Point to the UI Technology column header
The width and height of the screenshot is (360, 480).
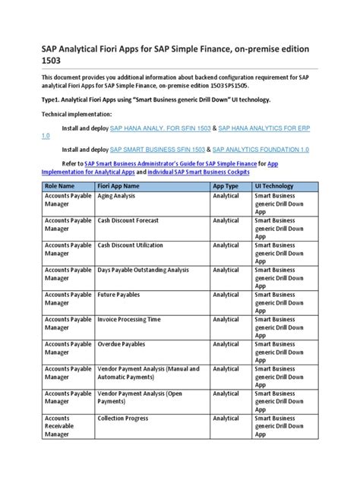(275, 185)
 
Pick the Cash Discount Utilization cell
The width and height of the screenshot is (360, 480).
(133, 245)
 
